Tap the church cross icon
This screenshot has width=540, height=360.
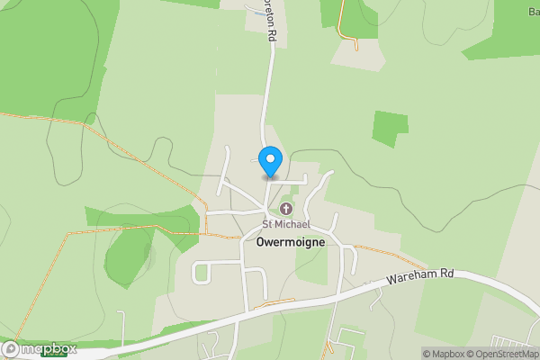pyautogui.click(x=286, y=210)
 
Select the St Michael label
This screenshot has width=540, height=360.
pyautogui.click(x=286, y=223)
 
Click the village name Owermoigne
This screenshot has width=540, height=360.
pyautogui.click(x=290, y=242)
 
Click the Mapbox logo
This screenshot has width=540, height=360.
pyautogui.click(x=39, y=349)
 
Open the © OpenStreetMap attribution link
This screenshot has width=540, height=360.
pyautogui.click(x=499, y=353)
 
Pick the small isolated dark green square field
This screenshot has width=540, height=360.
pyautogui.click(x=390, y=129)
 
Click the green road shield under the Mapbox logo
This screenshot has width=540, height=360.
pyautogui.click(x=53, y=356)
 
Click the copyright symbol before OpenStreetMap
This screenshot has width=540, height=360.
pyautogui.click(x=468, y=353)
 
